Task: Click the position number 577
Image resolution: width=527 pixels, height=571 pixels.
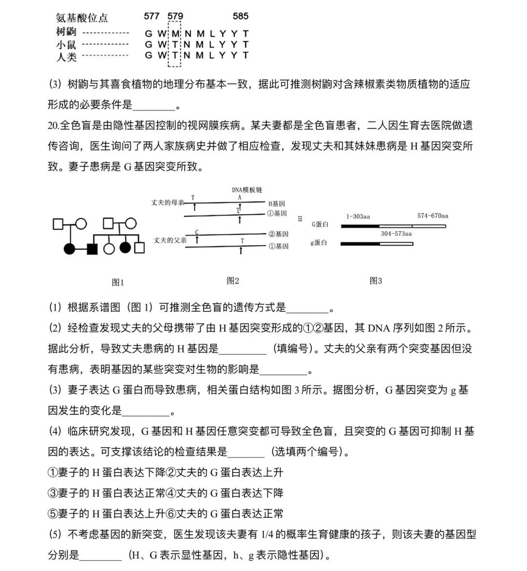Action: [152, 16]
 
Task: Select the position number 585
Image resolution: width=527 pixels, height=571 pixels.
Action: [241, 16]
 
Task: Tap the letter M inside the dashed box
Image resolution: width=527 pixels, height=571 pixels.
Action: [175, 33]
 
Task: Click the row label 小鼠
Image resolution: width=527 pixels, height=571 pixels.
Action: [66, 45]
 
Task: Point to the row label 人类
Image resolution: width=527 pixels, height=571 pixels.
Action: [66, 57]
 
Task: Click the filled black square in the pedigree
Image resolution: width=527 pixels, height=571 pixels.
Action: [92, 248]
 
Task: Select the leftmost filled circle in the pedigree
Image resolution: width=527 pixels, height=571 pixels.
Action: [70, 248]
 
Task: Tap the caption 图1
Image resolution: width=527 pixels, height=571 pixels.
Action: [118, 282]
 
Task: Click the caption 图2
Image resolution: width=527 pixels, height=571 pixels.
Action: [233, 281]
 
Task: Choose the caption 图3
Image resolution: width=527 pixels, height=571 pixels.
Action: [376, 281]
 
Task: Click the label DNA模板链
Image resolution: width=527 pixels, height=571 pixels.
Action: [247, 190]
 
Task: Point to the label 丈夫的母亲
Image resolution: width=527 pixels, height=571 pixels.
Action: [167, 203]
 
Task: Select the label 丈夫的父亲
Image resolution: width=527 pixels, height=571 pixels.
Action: [170, 240]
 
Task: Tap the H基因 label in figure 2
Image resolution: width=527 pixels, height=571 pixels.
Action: [277, 204]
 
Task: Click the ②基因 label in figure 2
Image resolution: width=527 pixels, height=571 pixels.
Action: [278, 234]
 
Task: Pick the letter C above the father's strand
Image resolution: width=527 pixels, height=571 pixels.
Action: [197, 232]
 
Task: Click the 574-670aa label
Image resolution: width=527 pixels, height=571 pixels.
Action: [432, 216]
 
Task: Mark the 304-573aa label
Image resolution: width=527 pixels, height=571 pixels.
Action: [396, 234]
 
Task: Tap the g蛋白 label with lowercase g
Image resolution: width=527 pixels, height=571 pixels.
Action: [319, 243]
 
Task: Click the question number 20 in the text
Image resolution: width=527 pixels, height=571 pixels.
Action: [53, 126]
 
